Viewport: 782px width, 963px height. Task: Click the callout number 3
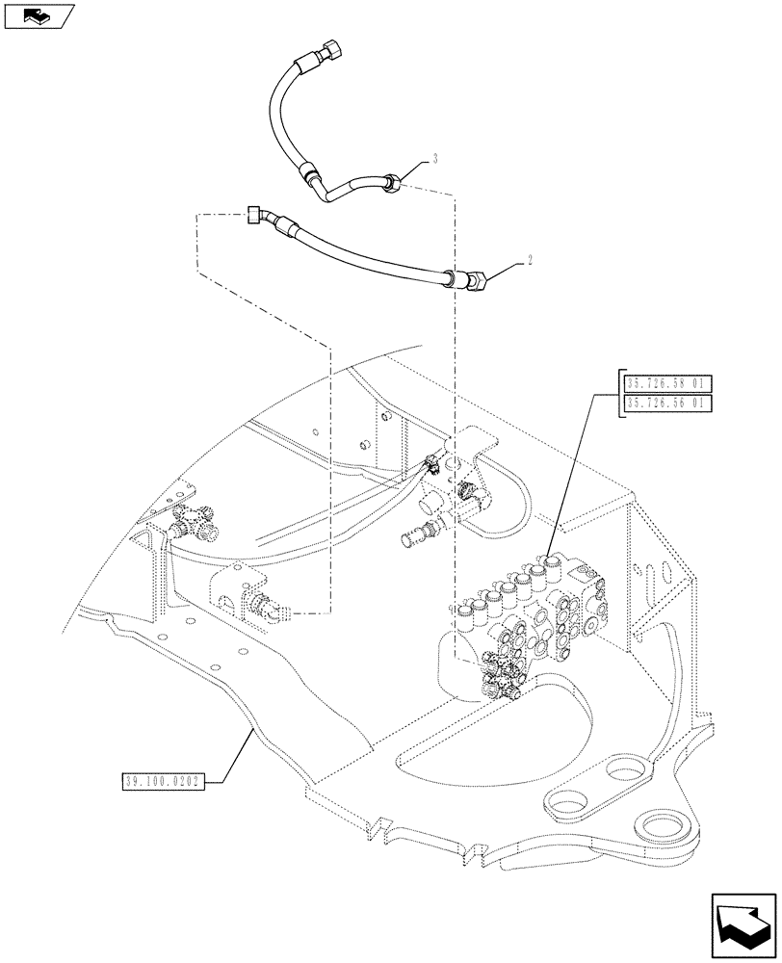click(435, 157)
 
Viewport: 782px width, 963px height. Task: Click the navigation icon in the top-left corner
click(39, 15)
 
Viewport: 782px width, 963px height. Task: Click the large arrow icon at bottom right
click(743, 926)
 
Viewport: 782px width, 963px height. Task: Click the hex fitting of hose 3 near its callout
click(391, 180)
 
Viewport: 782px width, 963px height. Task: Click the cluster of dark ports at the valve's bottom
click(500, 674)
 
